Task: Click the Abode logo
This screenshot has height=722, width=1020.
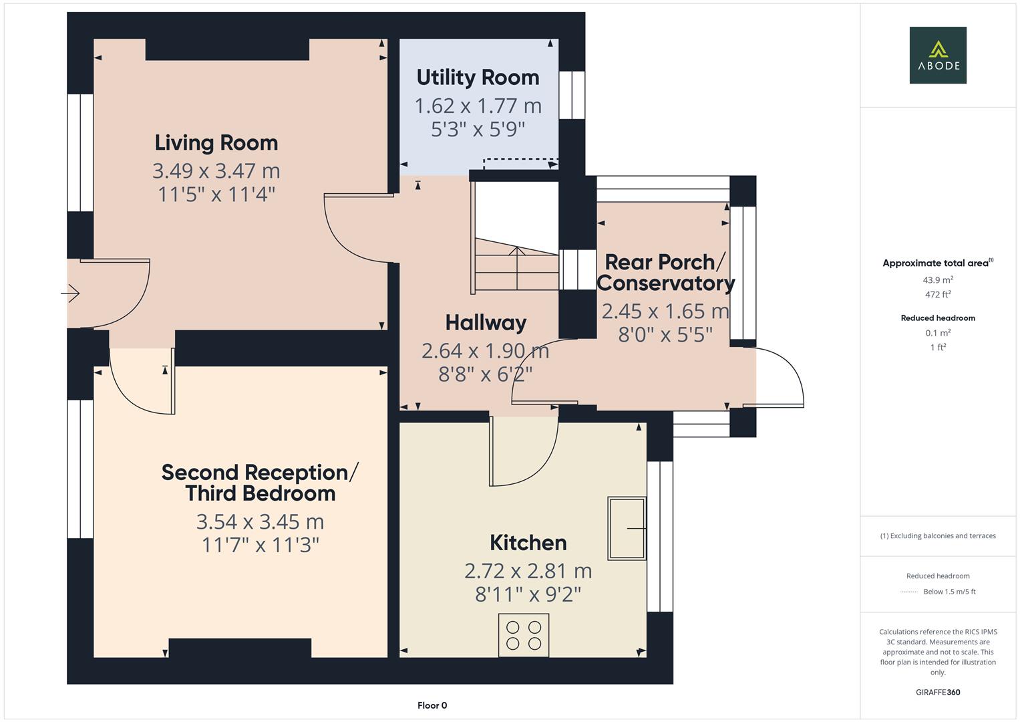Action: [x=937, y=55]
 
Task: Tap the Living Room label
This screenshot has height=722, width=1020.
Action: [x=216, y=142]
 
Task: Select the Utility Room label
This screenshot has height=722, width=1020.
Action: [x=478, y=78]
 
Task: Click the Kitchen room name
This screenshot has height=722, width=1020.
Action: [x=528, y=542]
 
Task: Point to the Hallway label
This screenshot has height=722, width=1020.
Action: [x=486, y=323]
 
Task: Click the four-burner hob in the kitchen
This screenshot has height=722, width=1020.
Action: [x=524, y=635]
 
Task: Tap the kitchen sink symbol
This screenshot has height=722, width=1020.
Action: [x=627, y=528]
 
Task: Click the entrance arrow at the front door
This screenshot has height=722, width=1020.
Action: [x=71, y=293]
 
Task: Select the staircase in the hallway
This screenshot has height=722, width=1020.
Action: [x=516, y=264]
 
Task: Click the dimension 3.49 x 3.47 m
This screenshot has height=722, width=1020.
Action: [x=216, y=171]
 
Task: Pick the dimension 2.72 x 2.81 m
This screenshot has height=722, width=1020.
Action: [x=528, y=571]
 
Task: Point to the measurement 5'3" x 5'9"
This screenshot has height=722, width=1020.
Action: [x=478, y=129]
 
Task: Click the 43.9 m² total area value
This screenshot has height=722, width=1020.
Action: [x=937, y=280]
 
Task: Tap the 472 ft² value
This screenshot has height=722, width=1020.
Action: [x=937, y=294]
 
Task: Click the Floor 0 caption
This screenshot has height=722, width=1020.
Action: [x=432, y=705]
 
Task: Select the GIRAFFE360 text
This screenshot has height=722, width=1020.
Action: [x=937, y=692]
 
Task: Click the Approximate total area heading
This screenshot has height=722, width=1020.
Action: [x=937, y=263]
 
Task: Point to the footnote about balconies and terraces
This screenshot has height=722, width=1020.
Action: [x=937, y=535]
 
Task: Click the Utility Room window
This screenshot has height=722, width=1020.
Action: [x=572, y=95]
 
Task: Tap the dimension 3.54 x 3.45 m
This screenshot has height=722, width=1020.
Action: [x=260, y=521]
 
